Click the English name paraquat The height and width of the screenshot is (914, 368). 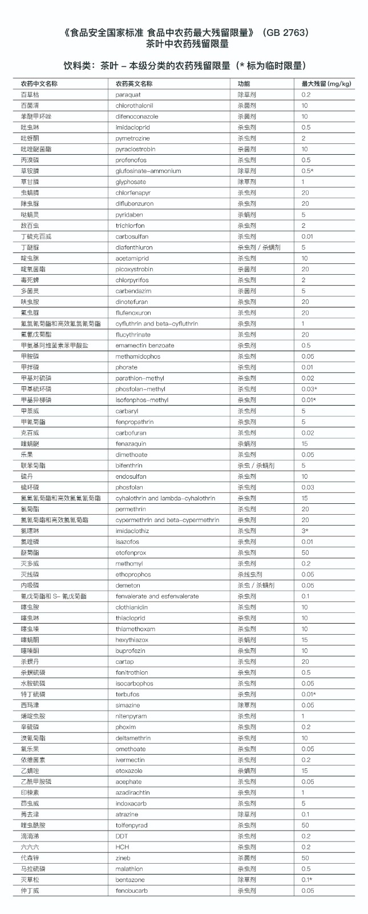[128, 95]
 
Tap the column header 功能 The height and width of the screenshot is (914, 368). [244, 84]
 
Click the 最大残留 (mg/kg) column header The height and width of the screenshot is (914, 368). [326, 84]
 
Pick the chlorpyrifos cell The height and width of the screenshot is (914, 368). [132, 280]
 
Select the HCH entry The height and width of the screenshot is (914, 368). [122, 847]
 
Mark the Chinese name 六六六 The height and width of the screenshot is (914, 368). [30, 847]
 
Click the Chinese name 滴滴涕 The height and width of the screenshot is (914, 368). [30, 836]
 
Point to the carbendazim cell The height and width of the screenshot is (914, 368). [133, 291]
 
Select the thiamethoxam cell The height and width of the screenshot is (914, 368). [135, 629]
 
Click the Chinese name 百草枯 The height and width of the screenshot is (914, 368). [30, 95]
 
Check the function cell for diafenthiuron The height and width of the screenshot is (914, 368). [258, 247]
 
